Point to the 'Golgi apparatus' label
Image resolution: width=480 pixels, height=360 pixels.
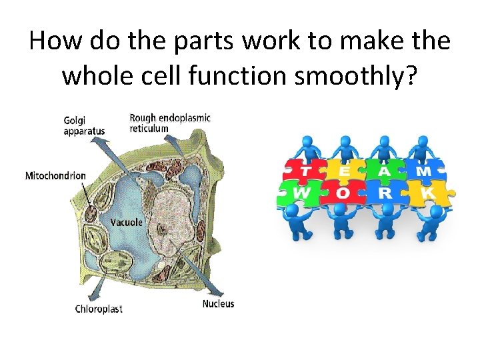pos(84,125)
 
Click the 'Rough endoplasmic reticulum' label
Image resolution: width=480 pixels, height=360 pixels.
pos(169,123)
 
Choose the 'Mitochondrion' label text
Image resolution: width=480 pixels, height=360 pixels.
pos(55,176)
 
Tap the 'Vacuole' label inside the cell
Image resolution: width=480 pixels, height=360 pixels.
pos(127,222)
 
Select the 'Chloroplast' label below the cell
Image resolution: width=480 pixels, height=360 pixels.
pos(99,309)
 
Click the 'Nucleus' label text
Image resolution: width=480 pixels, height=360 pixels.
pos(218,304)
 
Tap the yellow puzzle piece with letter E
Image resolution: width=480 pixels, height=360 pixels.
pos(345,172)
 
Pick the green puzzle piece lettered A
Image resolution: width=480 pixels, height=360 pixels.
pos(384,172)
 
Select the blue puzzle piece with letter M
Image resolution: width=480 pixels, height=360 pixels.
pos(424,172)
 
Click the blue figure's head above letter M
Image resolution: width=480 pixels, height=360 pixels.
pos(419,141)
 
